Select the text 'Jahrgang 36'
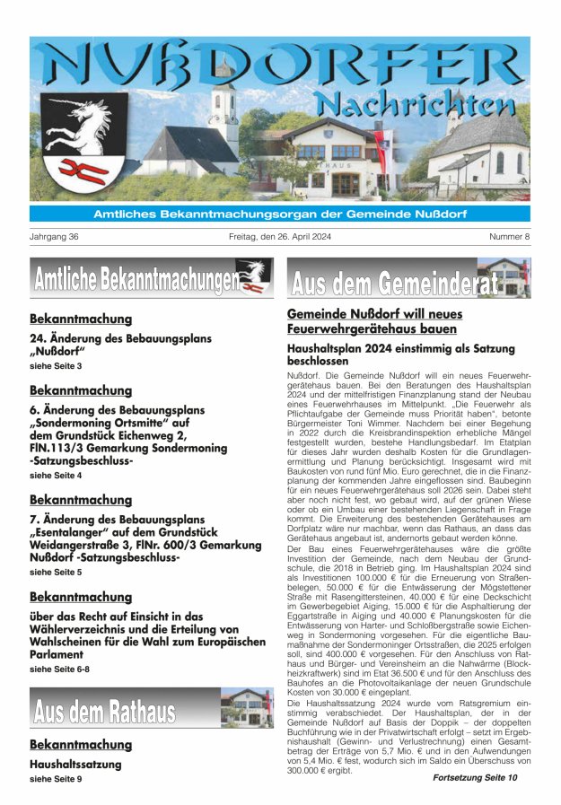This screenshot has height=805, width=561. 55,237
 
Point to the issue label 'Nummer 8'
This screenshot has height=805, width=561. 509,237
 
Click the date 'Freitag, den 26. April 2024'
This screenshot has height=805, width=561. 280,237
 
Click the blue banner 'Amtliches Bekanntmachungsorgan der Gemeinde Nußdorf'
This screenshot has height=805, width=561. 280,214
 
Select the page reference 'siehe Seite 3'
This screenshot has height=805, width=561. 56,367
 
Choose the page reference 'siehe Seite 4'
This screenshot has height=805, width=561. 56,475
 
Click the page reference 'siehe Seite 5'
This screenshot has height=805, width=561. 56,572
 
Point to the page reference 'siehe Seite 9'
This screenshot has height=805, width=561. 56,779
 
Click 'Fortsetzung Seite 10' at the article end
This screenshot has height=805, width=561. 475,777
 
